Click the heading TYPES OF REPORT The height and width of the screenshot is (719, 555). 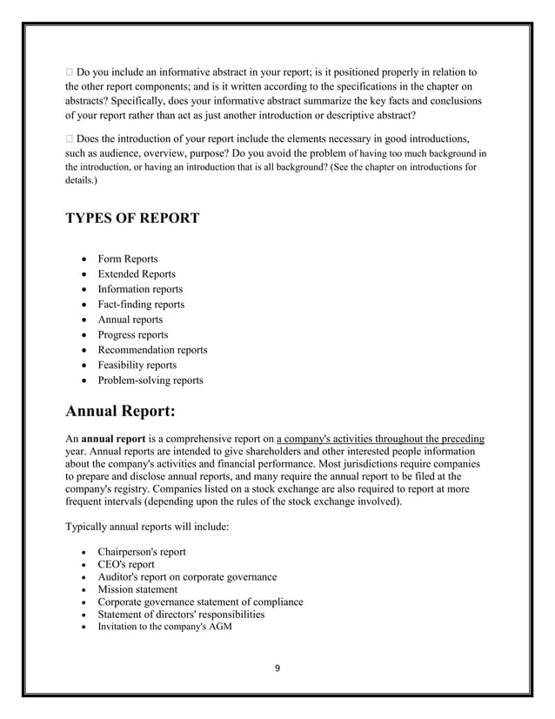[132, 218]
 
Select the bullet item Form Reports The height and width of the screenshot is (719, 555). [128, 259]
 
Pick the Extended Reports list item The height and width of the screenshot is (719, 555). [136, 274]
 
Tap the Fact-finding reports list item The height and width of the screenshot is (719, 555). [141, 305]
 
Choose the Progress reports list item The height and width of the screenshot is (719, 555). [132, 335]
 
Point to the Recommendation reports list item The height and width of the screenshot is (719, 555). [152, 350]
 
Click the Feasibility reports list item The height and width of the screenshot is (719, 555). [137, 366]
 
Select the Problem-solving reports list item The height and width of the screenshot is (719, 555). [150, 380]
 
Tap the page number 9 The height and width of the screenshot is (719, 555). [277, 669]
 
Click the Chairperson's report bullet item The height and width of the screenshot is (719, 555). [141, 552]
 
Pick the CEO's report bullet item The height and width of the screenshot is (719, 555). [126, 564]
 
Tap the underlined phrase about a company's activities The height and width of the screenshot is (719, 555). [379, 439]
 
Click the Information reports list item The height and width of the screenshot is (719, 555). [140, 289]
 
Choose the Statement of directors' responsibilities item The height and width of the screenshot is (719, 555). [181, 615]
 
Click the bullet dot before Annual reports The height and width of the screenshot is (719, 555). [83, 320]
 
